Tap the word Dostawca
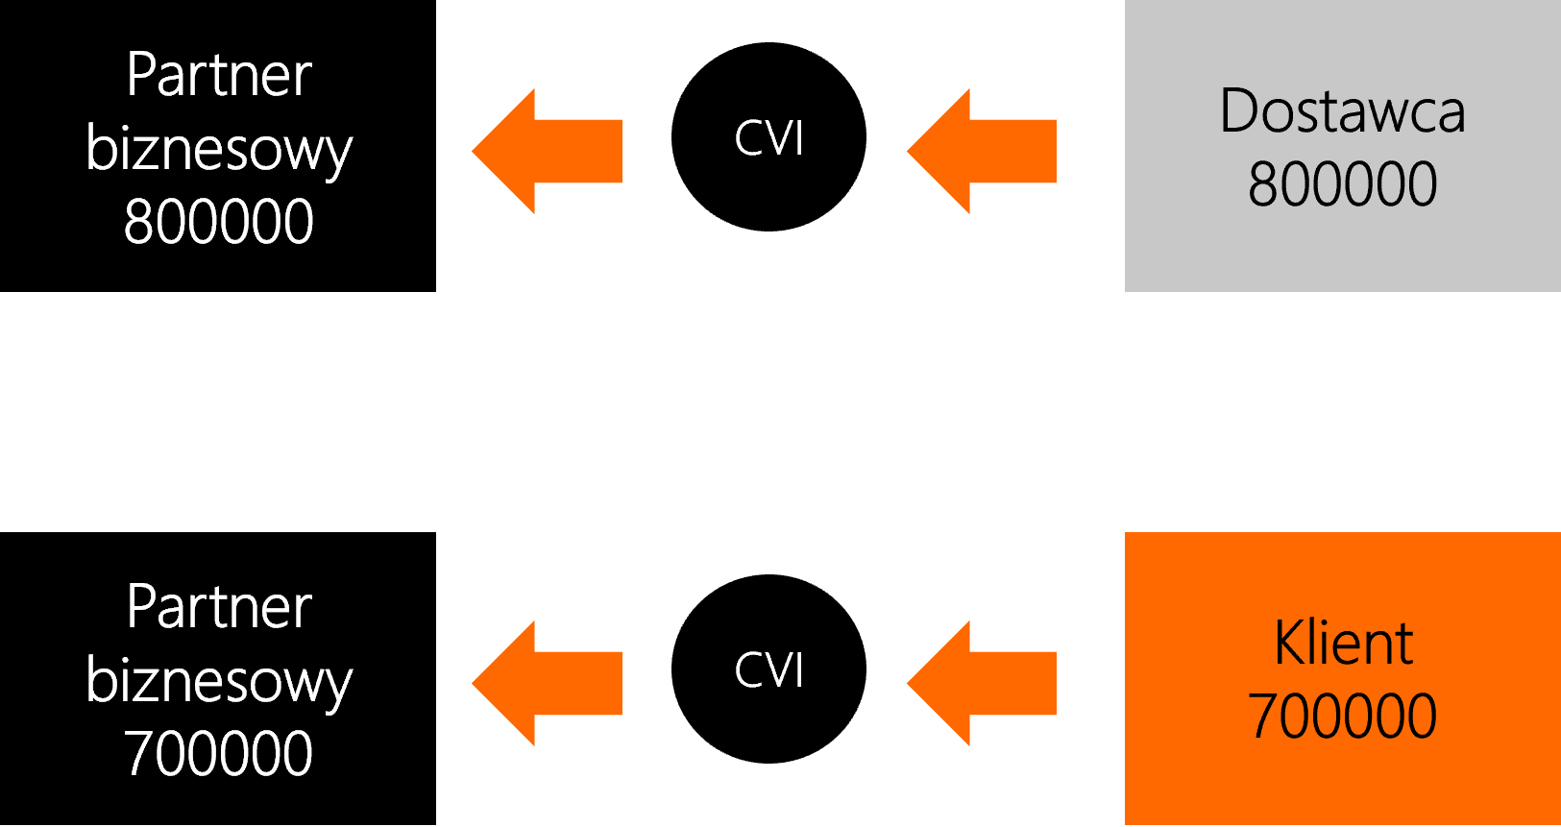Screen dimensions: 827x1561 tap(1342, 111)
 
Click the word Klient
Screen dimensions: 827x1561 tap(1343, 643)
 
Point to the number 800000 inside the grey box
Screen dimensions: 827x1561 tap(1342, 184)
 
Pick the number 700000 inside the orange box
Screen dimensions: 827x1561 tap(1342, 717)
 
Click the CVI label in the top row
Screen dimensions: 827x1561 tap(768, 138)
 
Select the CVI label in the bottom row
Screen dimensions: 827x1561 tap(768, 670)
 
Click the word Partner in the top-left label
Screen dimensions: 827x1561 tap(219, 75)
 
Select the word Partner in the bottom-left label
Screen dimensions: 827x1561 tap(219, 607)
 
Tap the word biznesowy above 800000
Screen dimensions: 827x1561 tap(219, 150)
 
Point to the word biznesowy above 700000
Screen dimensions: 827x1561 tap(219, 682)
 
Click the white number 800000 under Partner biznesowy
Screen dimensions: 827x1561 tap(219, 222)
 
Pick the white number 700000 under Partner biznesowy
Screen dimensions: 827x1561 tap(219, 753)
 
